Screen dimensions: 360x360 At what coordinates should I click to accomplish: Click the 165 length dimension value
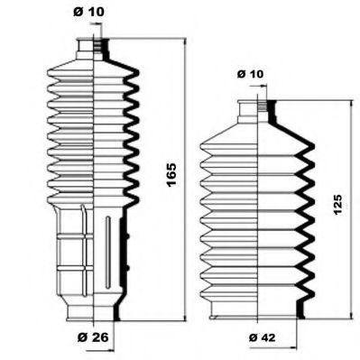tap(171, 175)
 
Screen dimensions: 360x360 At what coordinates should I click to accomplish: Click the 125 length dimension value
tap(337, 205)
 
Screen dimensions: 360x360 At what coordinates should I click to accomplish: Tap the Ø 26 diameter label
tap(93, 337)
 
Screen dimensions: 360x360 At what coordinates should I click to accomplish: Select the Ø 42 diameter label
tap(262, 337)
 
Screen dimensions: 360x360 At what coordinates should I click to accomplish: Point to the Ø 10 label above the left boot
tap(88, 12)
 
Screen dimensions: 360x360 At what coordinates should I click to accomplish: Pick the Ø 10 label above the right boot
tap(250, 74)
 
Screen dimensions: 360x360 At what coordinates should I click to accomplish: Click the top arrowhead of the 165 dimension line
tap(185, 42)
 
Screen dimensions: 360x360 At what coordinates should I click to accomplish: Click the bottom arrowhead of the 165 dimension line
tap(185, 318)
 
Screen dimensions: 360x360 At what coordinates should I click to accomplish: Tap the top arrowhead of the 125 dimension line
tap(351, 104)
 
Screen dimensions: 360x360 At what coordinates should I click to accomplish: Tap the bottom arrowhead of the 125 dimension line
tap(351, 315)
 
